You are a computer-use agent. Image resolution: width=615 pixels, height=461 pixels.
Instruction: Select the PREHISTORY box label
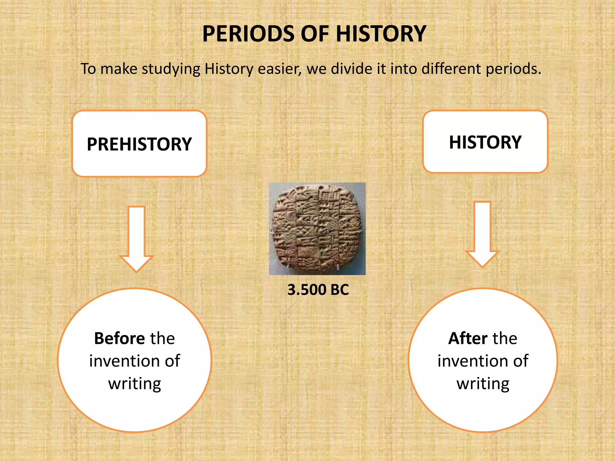(139, 144)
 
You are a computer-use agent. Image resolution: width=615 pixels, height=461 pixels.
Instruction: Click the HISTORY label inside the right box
(485, 142)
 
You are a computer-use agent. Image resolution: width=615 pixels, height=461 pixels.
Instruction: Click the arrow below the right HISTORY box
(482, 234)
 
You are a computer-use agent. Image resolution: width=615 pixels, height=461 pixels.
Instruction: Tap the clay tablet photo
(317, 229)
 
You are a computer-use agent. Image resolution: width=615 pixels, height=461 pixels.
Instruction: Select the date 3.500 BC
(318, 290)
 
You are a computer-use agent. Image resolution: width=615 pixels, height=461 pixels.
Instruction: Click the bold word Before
(120, 339)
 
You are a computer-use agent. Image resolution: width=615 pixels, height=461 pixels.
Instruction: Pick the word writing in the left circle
(135, 384)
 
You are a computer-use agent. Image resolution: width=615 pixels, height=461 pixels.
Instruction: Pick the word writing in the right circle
(483, 384)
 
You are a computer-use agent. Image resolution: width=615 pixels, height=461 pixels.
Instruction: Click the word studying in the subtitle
(171, 69)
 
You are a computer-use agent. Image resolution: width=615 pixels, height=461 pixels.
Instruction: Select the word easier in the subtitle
(279, 69)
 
